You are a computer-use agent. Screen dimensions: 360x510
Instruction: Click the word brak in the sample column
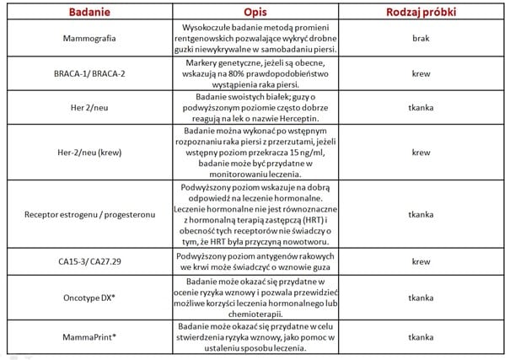[x=421, y=40]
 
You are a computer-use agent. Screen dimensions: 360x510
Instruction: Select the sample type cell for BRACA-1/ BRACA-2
[x=421, y=74]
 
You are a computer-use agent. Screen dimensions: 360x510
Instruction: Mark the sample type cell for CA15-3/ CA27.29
[x=421, y=261]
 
